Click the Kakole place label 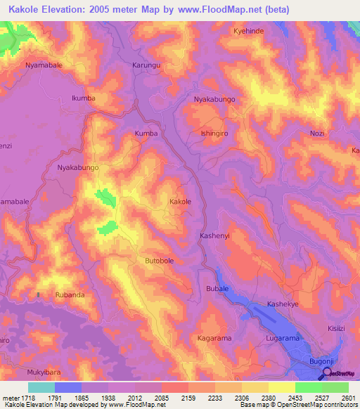180,202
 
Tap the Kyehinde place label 249,32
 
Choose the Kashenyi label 215,235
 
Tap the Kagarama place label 215,339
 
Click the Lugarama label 283,339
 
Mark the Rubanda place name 70,295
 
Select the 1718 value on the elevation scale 27,398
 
